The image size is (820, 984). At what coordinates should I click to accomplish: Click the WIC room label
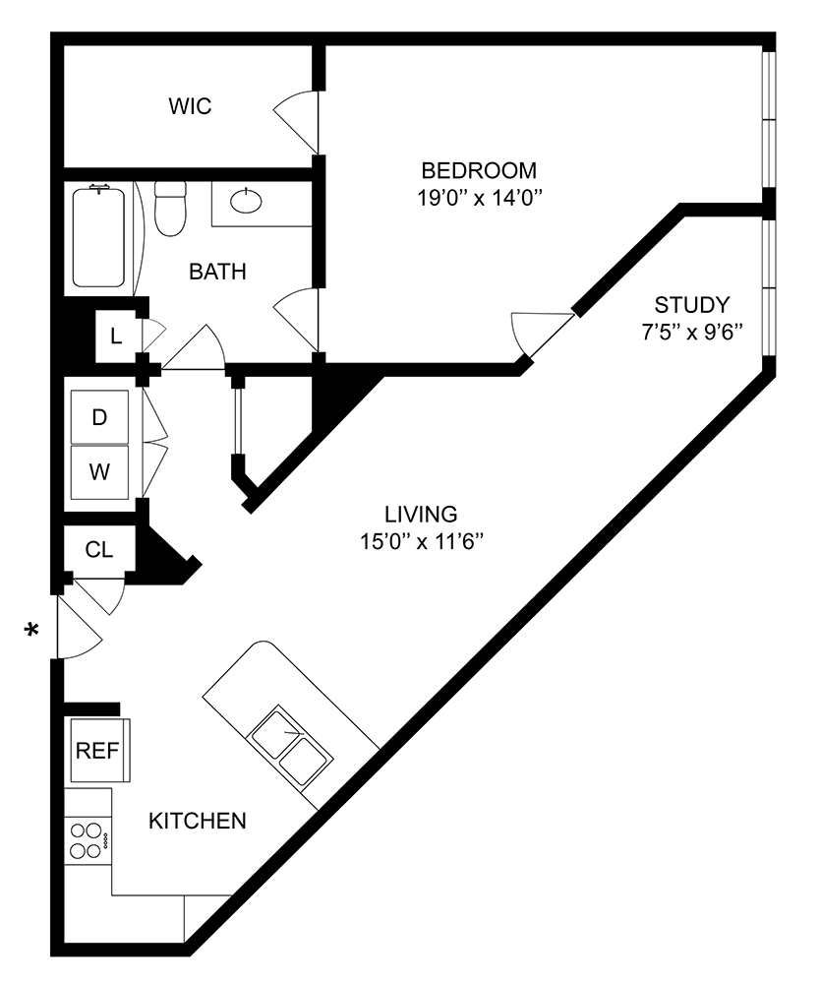190,106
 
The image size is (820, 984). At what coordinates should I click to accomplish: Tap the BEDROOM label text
479,169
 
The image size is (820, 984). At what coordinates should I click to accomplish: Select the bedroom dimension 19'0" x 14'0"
479,197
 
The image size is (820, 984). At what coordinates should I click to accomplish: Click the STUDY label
692,303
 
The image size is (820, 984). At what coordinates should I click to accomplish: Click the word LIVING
421,514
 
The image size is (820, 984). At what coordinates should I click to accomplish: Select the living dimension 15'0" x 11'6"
421,541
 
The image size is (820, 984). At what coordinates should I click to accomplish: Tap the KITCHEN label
197,821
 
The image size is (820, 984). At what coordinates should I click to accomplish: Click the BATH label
217,273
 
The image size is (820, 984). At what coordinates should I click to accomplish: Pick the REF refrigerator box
97,751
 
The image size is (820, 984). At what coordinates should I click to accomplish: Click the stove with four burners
87,839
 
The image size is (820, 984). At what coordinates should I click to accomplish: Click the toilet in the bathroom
171,208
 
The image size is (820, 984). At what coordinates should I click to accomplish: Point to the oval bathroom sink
245,201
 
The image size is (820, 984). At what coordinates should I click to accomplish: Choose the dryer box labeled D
98,417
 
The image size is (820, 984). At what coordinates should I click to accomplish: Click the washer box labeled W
98,472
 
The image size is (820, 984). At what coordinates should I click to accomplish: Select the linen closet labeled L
116,337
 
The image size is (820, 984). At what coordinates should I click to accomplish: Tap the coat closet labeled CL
98,549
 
